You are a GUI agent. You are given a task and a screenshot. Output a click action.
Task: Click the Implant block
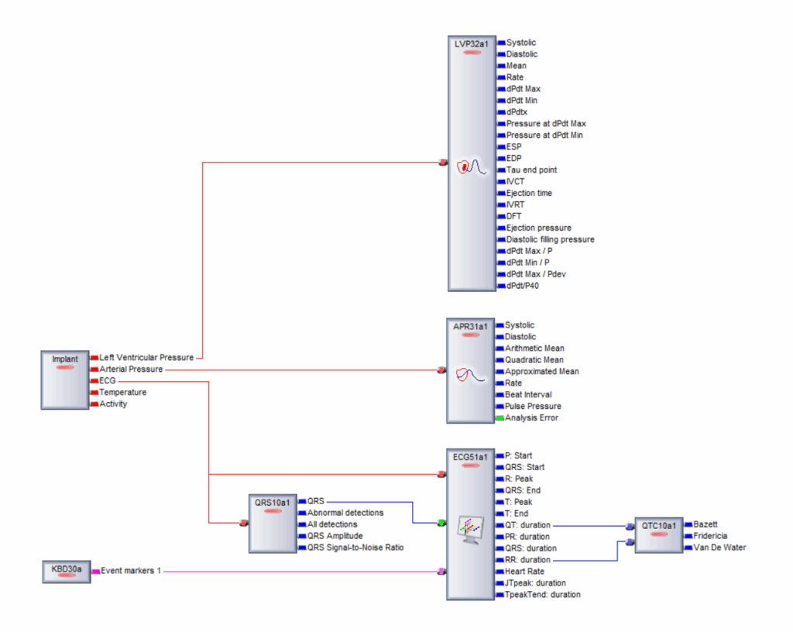65,380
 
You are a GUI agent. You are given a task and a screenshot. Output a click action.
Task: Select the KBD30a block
66,572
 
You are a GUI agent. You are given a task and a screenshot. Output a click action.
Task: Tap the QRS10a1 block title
273,501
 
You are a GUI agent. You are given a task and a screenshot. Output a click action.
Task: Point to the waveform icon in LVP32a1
470,166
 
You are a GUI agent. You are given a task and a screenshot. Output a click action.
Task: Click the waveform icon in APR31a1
470,375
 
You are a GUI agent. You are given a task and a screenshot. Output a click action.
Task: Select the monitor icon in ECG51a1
470,528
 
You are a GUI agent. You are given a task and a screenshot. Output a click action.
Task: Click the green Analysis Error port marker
499,418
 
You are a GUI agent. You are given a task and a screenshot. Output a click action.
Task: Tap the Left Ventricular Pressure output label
146,358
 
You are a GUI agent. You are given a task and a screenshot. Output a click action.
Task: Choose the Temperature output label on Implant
122,393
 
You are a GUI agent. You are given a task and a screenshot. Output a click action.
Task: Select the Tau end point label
531,170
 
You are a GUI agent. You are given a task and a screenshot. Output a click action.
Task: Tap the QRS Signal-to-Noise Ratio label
355,548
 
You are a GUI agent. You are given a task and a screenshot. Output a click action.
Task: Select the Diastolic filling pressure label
550,240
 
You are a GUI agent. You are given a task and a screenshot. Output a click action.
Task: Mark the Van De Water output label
719,548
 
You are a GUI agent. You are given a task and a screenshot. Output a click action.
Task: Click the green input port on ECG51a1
441,524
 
